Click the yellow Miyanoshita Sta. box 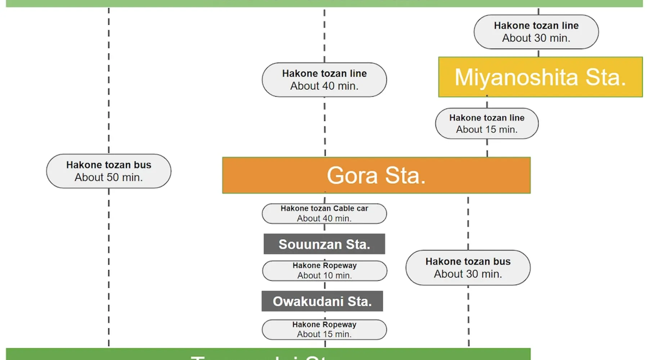[x=540, y=77]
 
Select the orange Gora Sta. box [x=376, y=175]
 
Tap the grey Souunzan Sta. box [x=324, y=244]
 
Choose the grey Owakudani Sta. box [x=322, y=301]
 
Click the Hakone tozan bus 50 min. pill [x=109, y=171]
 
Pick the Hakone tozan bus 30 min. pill [x=468, y=268]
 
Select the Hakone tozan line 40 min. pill [x=324, y=80]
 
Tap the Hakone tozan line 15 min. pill [x=487, y=123]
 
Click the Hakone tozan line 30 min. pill [x=536, y=32]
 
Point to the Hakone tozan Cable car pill [x=324, y=213]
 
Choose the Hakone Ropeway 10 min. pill [x=324, y=271]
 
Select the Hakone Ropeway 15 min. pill [x=324, y=329]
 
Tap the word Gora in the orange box [x=352, y=176]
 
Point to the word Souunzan [x=310, y=244]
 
